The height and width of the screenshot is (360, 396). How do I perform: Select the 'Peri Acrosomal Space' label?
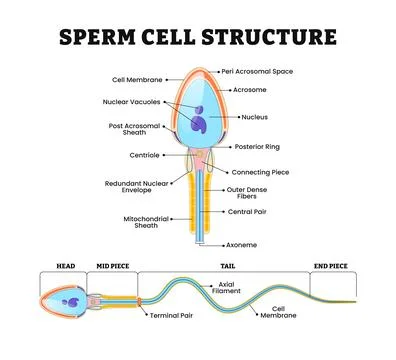[258, 72]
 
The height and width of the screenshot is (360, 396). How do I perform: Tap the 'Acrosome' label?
[250, 90]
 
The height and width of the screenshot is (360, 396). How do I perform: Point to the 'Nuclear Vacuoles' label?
[130, 101]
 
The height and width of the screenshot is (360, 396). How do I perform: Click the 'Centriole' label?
[144, 155]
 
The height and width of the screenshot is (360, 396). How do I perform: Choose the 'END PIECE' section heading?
[330, 267]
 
